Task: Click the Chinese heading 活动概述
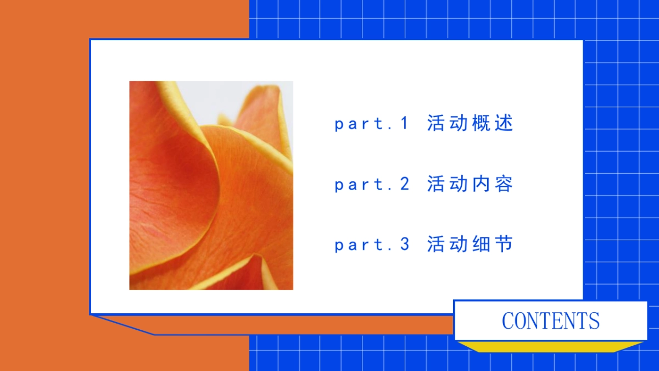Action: point(470,123)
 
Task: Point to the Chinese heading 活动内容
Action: point(470,184)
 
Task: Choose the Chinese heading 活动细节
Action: point(470,244)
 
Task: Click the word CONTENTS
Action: point(550,320)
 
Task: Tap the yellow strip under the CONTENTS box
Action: point(550,346)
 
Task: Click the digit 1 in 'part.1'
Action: point(405,124)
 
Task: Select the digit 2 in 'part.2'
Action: point(405,184)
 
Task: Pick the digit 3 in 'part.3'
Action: point(405,245)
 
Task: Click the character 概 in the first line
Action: point(481,123)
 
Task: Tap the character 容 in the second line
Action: point(503,184)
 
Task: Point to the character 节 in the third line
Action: point(503,244)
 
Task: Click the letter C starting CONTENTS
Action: point(508,320)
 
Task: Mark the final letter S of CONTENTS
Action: point(594,320)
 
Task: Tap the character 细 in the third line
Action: point(481,244)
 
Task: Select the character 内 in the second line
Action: point(481,184)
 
